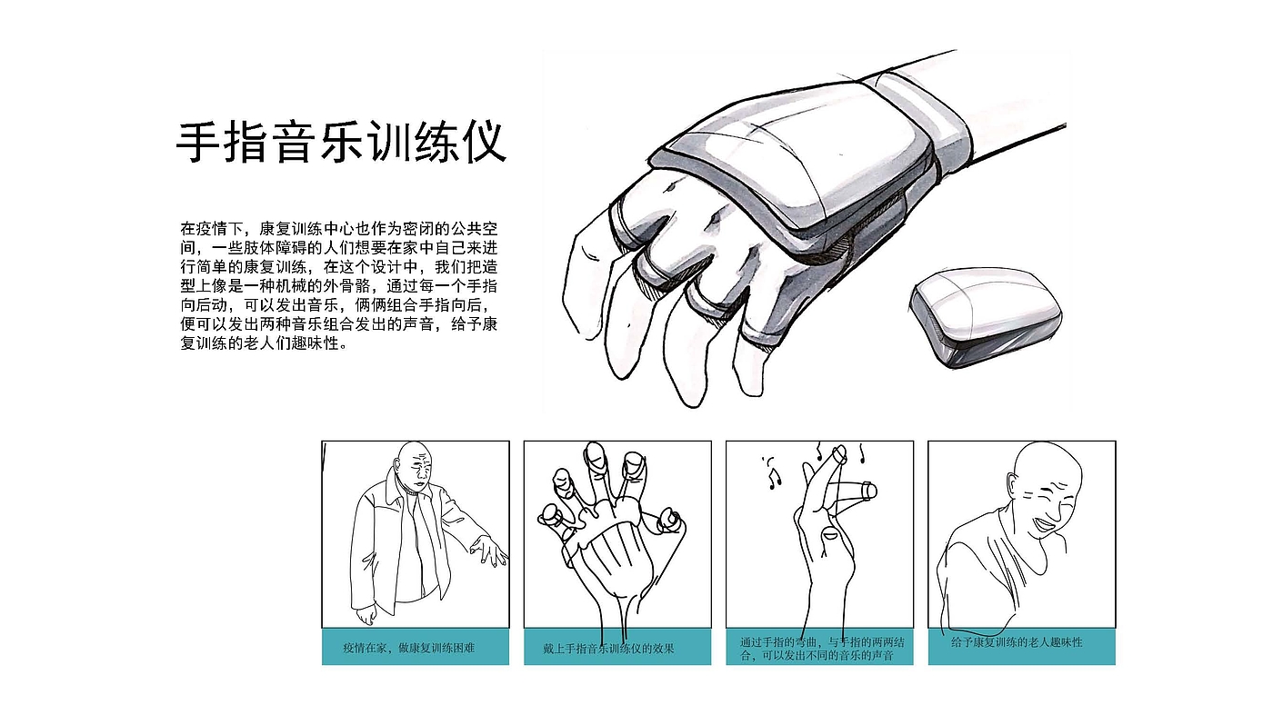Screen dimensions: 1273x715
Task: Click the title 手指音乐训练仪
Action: click(x=341, y=142)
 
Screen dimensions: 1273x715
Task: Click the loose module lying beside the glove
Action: click(x=986, y=318)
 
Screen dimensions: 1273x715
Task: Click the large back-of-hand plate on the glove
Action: click(x=796, y=164)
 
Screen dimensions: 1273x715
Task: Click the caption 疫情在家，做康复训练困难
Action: click(x=408, y=648)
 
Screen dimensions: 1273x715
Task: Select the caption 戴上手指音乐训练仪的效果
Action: click(x=608, y=649)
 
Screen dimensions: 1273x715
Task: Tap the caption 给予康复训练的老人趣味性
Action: click(x=1017, y=642)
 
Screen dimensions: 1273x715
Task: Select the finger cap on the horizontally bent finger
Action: click(x=869, y=492)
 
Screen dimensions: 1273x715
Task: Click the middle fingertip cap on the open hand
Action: click(x=595, y=454)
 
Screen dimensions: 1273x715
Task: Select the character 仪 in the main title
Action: click(x=486, y=142)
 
